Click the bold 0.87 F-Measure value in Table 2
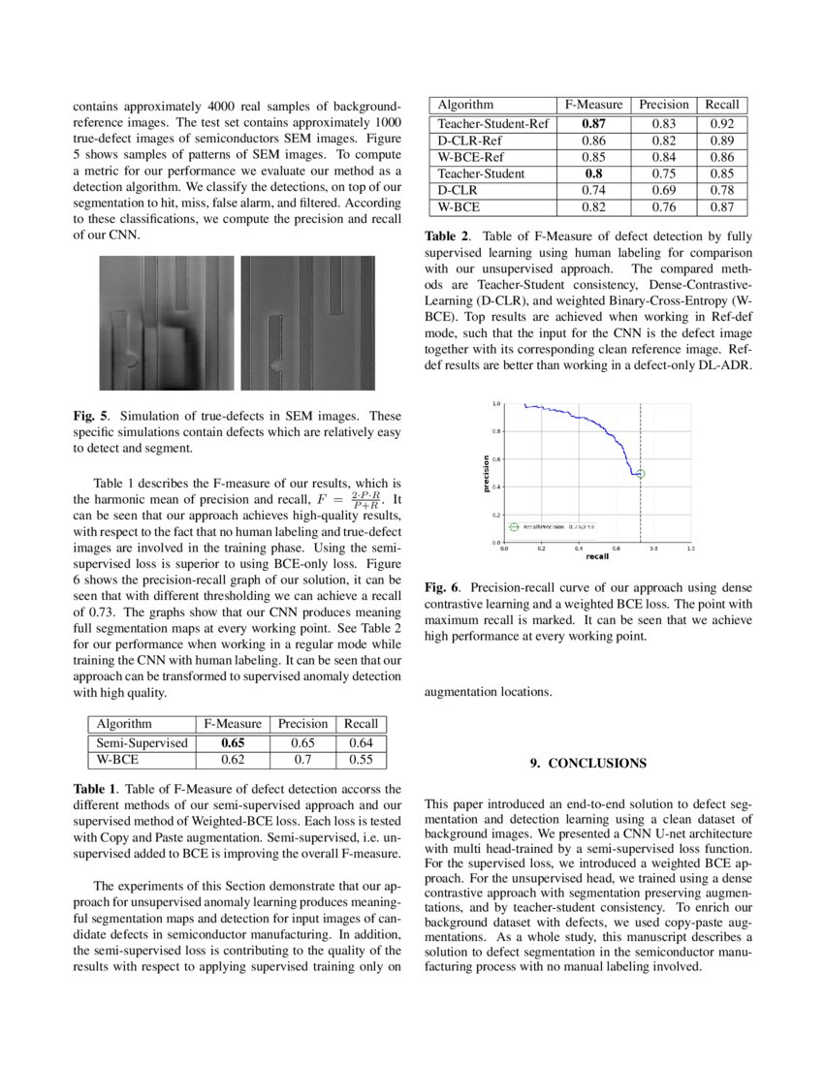click(x=594, y=124)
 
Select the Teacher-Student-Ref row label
click(x=493, y=124)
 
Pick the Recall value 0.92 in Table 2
click(x=723, y=124)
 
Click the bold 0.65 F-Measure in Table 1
click(x=232, y=742)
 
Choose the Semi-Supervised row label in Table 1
click(x=142, y=742)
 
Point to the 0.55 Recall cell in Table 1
click(x=361, y=759)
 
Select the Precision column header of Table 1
click(x=302, y=724)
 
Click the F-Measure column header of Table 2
click(x=594, y=105)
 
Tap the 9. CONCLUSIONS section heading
click(x=587, y=764)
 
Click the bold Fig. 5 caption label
click(x=92, y=415)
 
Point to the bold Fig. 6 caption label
click(x=444, y=588)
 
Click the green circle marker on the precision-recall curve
click(x=640, y=473)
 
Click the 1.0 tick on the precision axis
click(x=497, y=403)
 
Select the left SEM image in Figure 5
click(x=167, y=323)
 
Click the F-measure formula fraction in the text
click(x=365, y=501)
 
